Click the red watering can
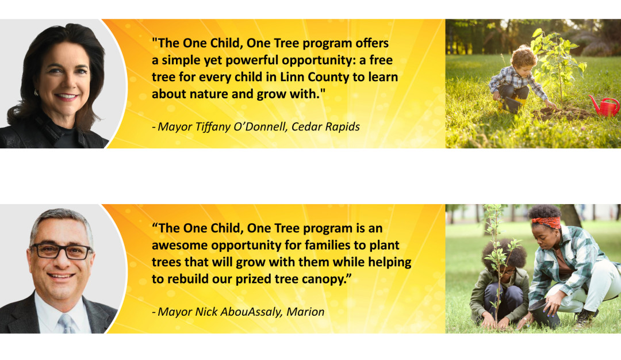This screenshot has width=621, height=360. [x=604, y=106]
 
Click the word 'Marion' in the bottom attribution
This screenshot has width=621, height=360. [x=305, y=312]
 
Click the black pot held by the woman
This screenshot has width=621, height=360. [x=544, y=312]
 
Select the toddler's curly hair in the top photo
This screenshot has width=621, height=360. [x=523, y=57]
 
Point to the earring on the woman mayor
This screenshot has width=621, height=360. [x=36, y=93]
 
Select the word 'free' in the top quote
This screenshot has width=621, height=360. [x=381, y=60]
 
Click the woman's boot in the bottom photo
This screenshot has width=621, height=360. [x=585, y=319]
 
